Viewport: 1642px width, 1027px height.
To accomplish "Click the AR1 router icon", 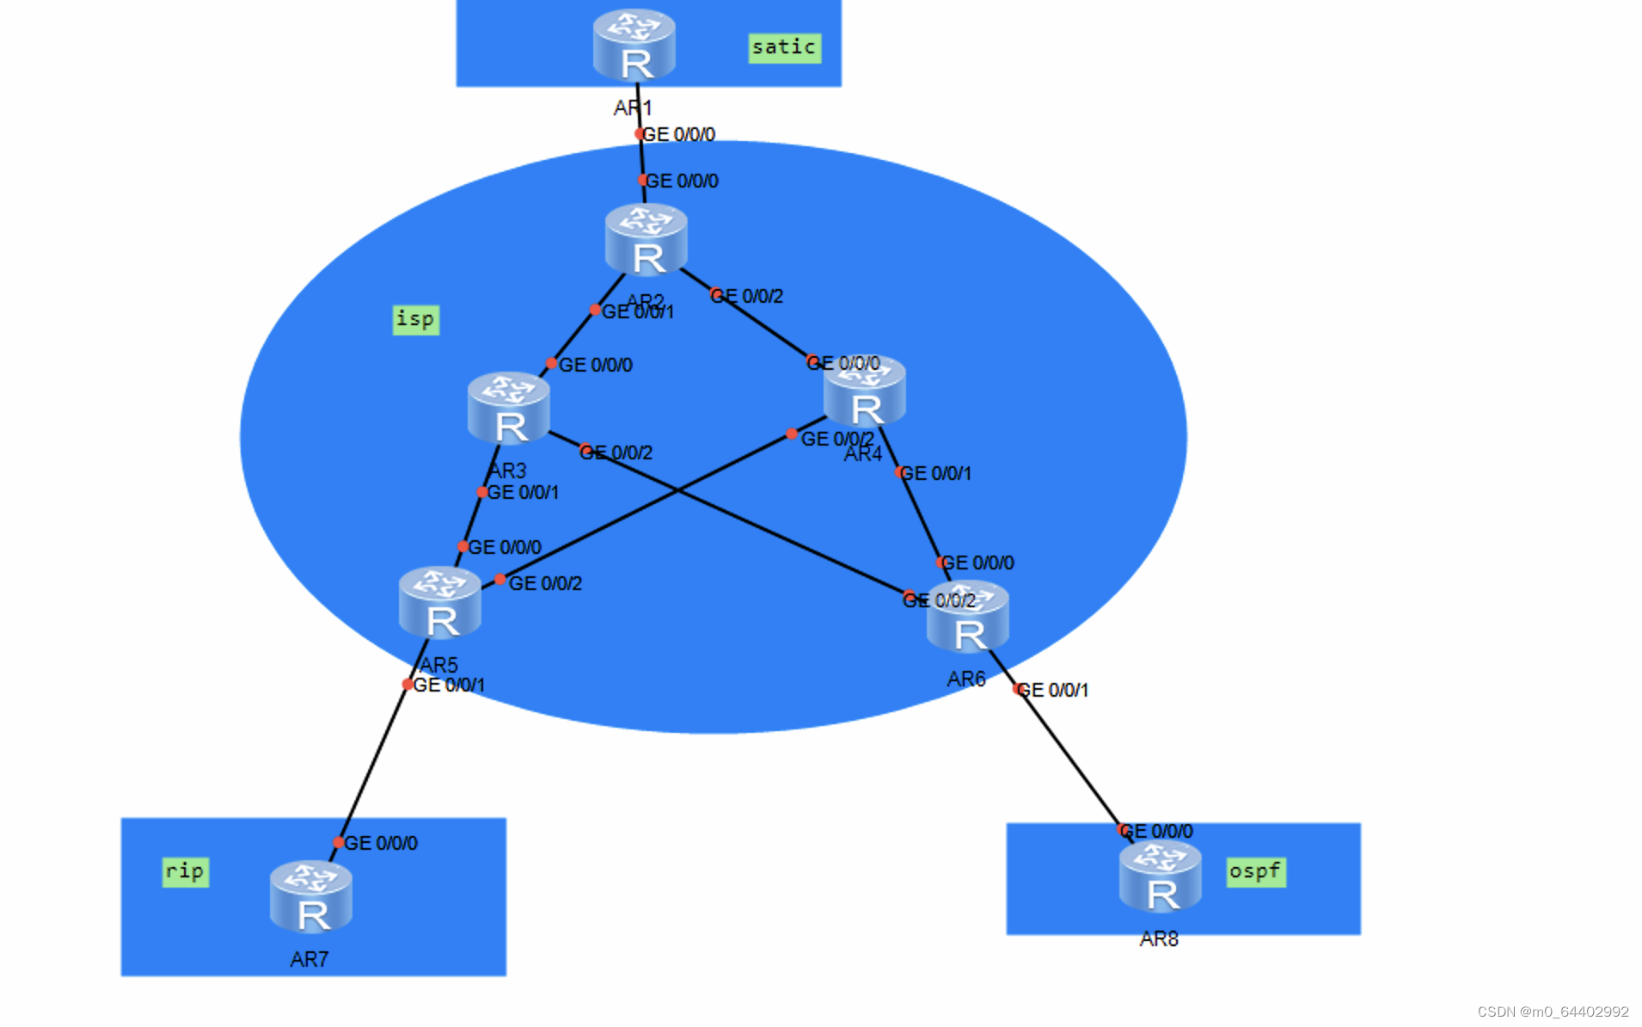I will (634, 45).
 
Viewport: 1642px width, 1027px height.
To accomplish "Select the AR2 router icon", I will (646, 240).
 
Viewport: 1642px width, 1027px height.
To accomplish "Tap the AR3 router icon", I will (508, 409).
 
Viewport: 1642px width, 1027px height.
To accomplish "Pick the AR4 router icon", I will (864, 392).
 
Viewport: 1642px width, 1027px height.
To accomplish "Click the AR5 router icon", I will (439, 603).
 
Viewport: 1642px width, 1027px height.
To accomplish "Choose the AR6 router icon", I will (967, 618).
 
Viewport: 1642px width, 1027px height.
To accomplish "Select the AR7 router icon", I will (310, 897).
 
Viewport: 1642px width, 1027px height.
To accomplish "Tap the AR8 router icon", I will (1160, 877).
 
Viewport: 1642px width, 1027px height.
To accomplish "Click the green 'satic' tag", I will (783, 47).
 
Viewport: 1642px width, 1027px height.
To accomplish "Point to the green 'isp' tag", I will (415, 319).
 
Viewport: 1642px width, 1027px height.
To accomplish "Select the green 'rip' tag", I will (185, 871).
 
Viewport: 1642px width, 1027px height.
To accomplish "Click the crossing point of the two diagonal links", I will (678, 490).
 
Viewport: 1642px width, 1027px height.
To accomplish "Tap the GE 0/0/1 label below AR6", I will (1052, 690).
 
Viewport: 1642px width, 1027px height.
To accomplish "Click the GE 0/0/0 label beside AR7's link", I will (380, 843).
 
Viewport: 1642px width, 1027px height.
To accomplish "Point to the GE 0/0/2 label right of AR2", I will (747, 296).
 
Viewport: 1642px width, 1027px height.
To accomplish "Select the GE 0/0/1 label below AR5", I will (448, 685).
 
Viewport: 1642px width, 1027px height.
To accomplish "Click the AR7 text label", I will (309, 959).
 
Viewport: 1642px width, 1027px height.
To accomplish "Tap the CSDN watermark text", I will (1553, 1012).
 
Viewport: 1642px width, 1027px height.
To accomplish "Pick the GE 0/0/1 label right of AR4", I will (935, 473).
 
